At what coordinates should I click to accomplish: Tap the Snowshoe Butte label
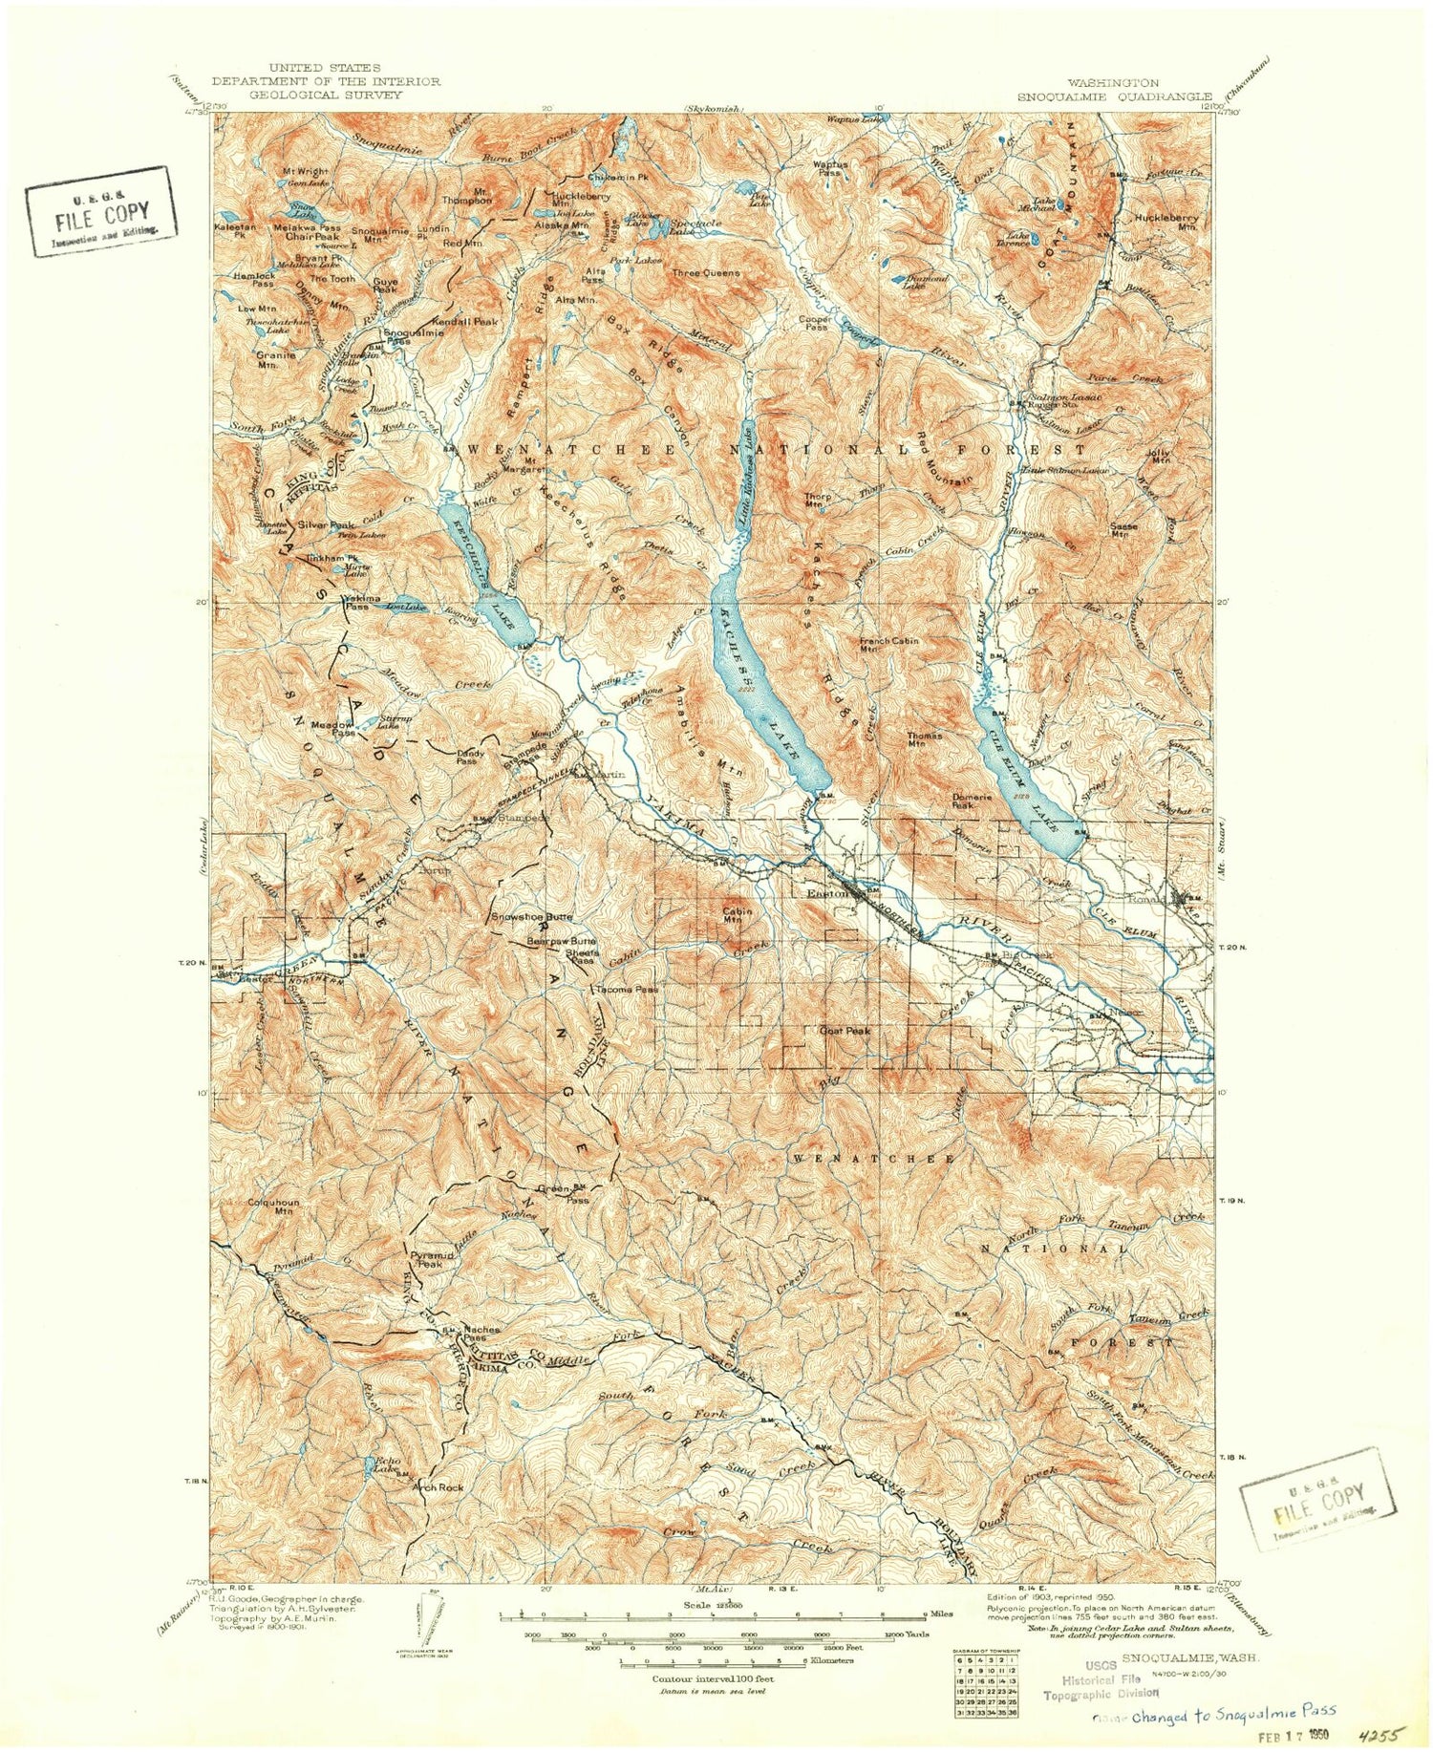[531, 917]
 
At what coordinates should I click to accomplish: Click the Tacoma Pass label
[627, 990]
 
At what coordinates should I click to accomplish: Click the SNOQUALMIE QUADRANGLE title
[1114, 96]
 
